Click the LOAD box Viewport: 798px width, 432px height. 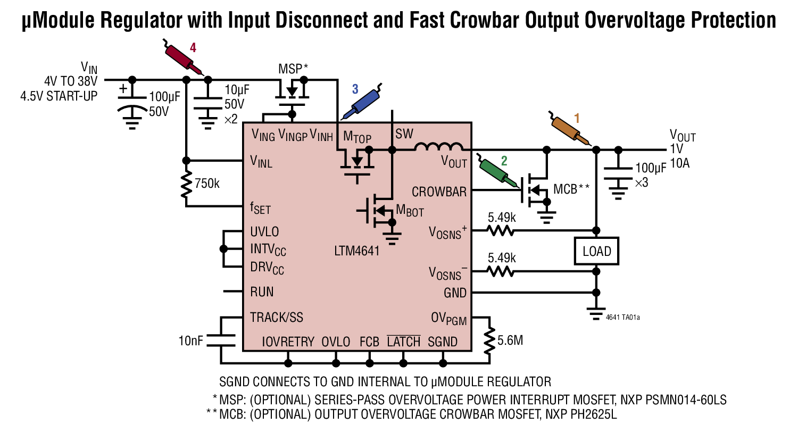[x=596, y=251]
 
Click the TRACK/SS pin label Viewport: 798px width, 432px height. [x=277, y=318]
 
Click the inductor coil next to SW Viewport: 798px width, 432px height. [x=438, y=147]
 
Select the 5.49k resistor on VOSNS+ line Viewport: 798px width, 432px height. [x=500, y=230]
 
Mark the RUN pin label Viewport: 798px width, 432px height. [x=262, y=292]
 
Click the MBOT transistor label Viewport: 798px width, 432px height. [x=411, y=211]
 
